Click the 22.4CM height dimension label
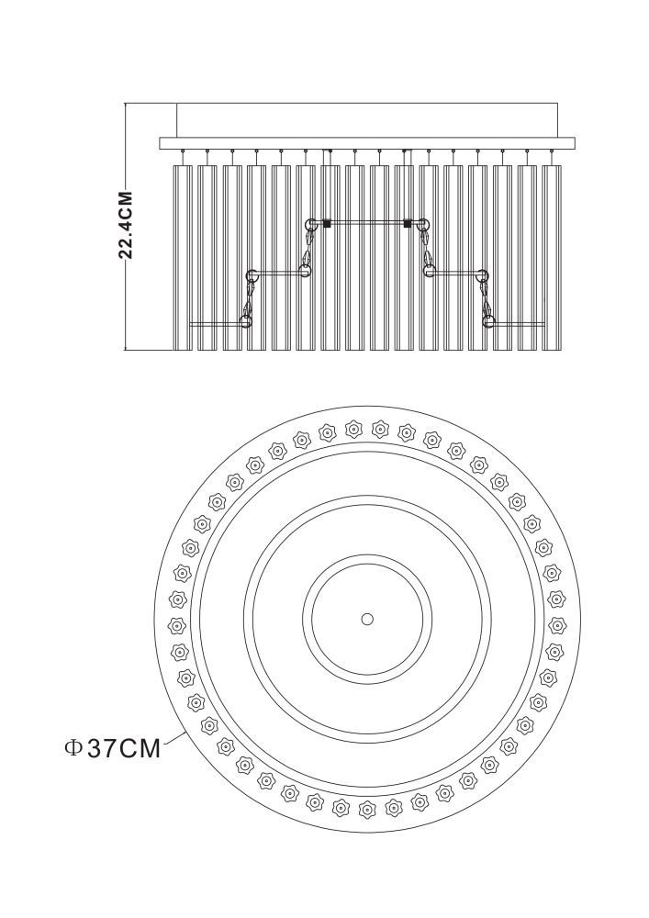coord(126,225)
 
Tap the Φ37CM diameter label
coord(112,748)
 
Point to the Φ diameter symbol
coord(73,748)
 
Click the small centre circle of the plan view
coord(367,619)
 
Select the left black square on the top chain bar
coord(327,223)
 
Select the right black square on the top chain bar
coord(408,223)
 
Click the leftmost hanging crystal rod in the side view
coord(183,258)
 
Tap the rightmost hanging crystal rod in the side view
coord(551,258)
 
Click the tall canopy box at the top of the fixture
coord(367,120)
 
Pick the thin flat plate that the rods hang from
coord(367,143)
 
